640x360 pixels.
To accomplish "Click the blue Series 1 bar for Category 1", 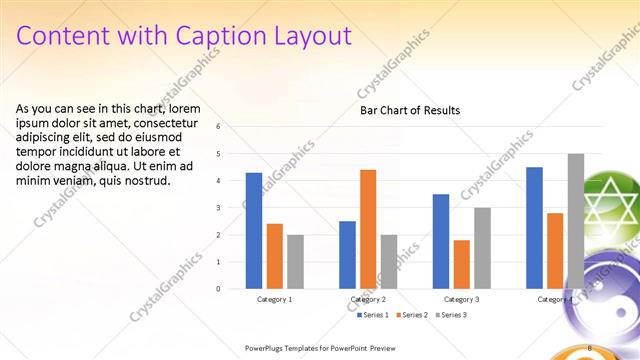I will click(254, 231).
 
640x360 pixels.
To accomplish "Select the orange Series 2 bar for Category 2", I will click(368, 229).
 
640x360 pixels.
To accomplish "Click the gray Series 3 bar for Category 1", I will click(295, 261).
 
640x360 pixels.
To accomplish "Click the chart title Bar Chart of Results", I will click(410, 110).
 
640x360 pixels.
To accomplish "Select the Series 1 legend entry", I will click(372, 315).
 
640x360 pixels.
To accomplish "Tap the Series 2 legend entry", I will click(411, 315).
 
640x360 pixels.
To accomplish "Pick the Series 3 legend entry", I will click(449, 315).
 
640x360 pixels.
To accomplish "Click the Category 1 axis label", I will click(275, 299).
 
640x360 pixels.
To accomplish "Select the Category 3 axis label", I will click(461, 299).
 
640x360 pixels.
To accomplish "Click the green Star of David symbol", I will click(611, 206).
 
